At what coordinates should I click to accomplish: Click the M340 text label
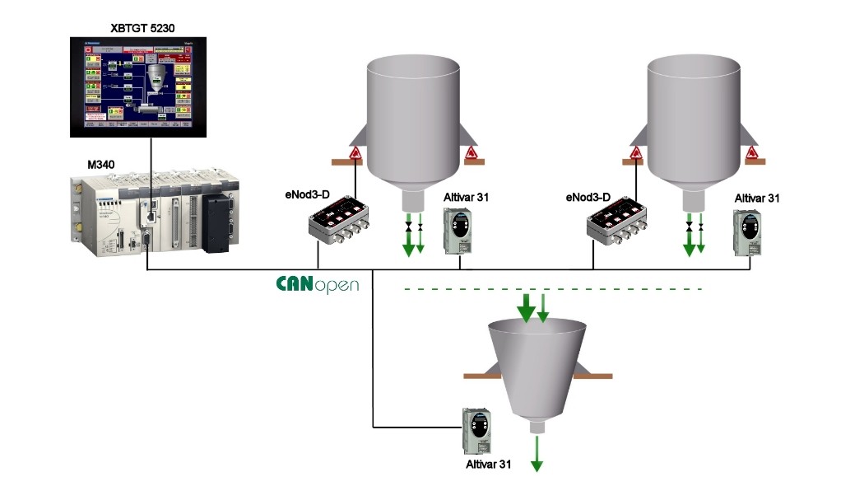tap(101, 165)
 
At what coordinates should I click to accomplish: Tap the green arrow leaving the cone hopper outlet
tap(537, 454)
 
